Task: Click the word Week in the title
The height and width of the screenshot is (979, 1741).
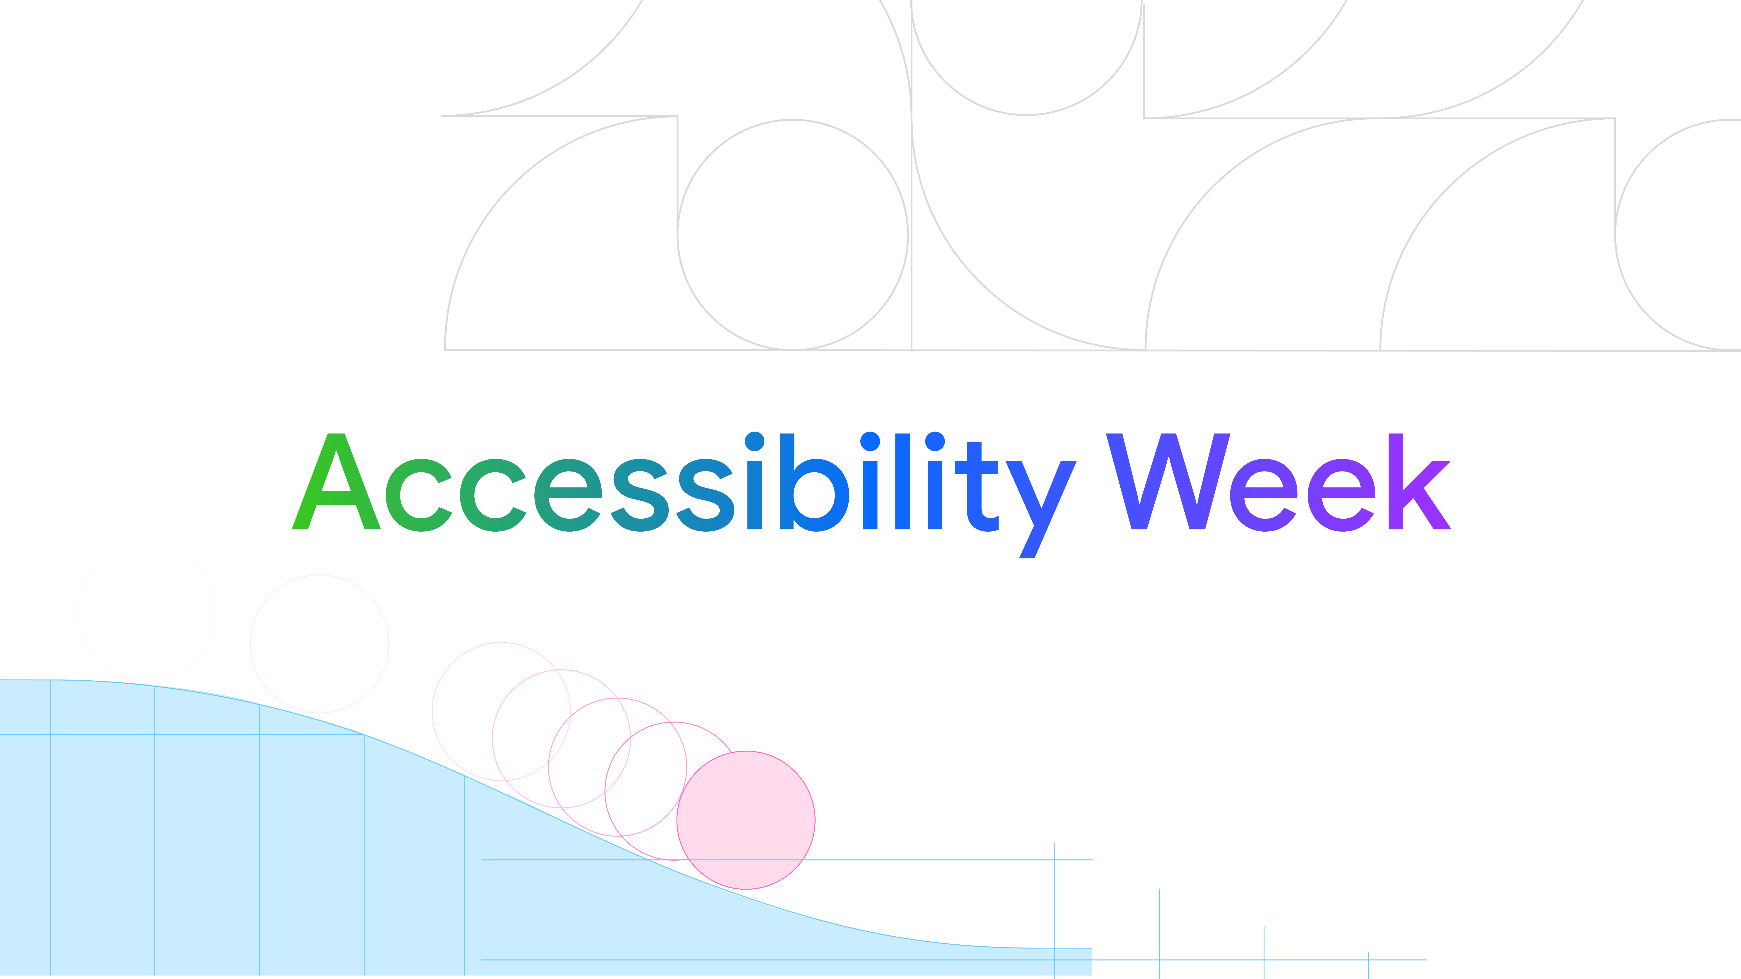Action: pos(1277,483)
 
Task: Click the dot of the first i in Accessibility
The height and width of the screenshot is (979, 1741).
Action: pos(754,441)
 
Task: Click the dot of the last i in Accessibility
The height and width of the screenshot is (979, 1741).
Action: pos(935,441)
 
